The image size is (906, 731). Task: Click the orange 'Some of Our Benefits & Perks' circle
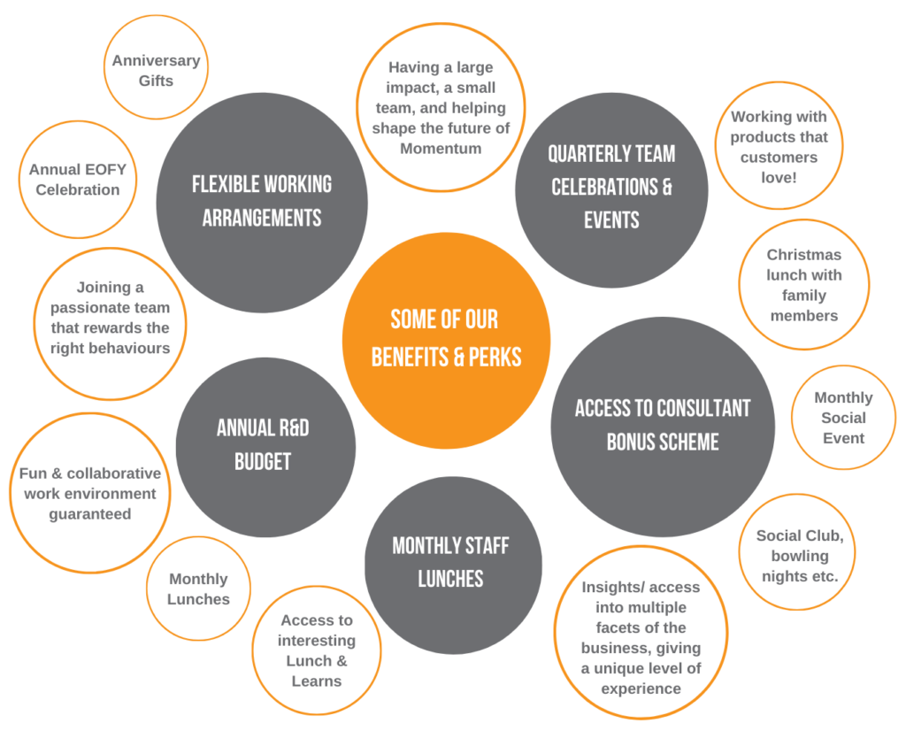[x=446, y=341]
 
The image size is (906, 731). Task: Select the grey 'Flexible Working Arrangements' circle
[x=262, y=203]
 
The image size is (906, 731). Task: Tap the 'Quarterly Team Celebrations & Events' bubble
[x=611, y=189]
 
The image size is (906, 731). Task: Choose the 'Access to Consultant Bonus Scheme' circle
[x=663, y=427]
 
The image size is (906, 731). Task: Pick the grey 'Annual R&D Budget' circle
[x=265, y=447]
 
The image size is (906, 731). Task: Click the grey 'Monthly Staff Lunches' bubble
[x=453, y=565]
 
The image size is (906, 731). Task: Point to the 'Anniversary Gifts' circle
[x=156, y=67]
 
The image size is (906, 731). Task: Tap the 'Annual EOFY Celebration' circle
[x=78, y=179]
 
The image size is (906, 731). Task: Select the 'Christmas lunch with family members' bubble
[x=803, y=284]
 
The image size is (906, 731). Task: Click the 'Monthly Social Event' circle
[x=843, y=417]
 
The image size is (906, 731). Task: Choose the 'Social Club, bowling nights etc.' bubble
[x=797, y=552]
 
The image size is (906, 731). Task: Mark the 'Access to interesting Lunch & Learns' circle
[x=317, y=650]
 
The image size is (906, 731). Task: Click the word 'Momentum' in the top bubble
[x=441, y=149]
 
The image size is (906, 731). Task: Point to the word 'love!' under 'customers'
[x=779, y=177]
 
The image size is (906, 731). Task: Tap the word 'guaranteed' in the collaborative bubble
[x=90, y=514]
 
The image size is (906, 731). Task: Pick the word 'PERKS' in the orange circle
[x=495, y=358]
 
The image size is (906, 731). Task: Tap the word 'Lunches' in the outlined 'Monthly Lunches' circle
[x=198, y=599]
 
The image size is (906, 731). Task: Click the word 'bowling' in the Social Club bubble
[x=800, y=556]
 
